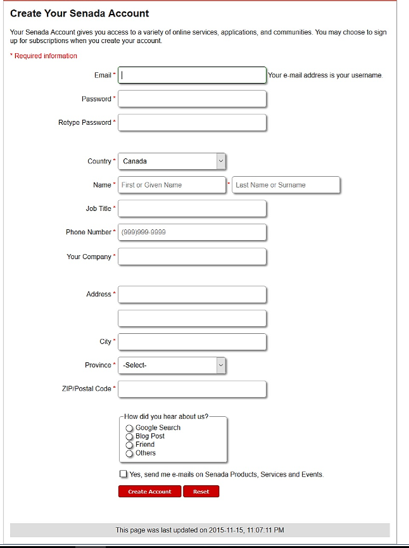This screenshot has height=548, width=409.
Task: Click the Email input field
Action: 192,75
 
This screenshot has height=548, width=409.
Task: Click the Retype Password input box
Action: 192,122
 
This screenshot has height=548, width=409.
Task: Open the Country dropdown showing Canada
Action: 172,162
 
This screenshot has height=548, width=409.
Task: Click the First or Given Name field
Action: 172,185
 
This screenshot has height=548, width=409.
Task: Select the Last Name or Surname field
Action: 286,185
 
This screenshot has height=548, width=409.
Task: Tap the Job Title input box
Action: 192,208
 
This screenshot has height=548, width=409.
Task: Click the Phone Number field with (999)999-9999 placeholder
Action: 192,233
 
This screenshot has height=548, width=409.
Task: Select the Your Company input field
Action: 192,257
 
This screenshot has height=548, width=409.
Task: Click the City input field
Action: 192,341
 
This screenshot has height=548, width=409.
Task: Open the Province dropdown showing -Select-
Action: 172,366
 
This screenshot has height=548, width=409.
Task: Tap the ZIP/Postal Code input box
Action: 192,389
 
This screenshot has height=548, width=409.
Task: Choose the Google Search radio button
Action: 130,429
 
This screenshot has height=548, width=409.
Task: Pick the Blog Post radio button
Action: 130,437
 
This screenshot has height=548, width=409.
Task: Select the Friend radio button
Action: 130,445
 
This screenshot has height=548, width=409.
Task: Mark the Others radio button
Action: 130,454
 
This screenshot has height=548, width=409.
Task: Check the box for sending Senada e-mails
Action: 123,474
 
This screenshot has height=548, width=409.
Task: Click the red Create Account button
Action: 149,492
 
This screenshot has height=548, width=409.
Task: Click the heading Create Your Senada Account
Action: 80,13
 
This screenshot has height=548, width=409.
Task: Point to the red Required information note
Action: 44,56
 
